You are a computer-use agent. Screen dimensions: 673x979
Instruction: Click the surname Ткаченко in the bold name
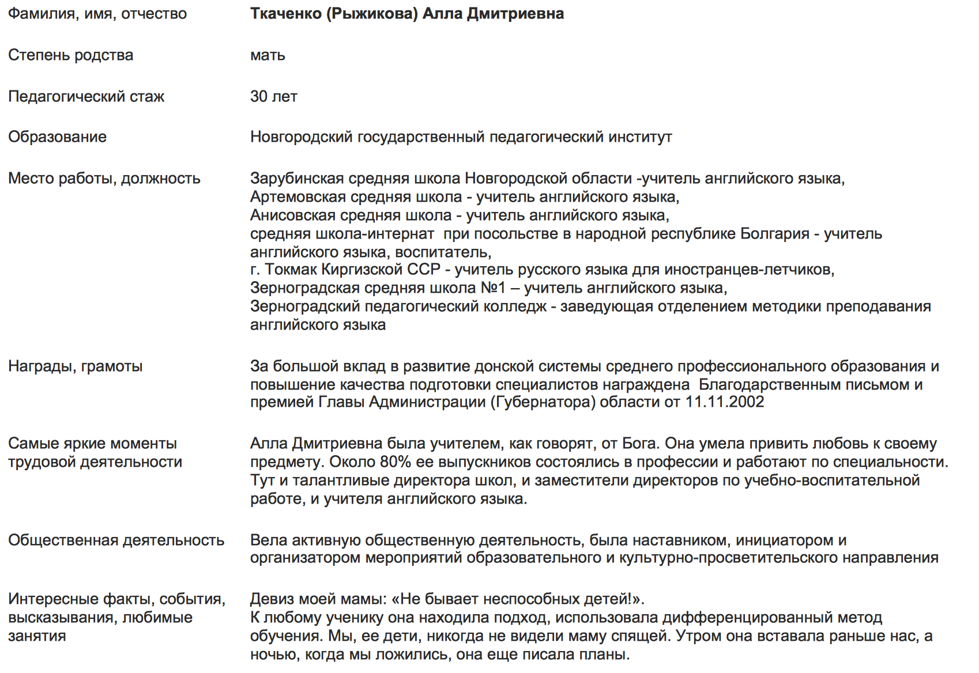pos(286,14)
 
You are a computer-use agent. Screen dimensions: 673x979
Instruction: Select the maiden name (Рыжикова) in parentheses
pos(372,14)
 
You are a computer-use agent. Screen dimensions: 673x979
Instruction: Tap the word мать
pos(268,55)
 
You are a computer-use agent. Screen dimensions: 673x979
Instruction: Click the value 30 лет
pos(273,96)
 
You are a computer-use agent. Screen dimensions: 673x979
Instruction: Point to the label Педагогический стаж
pos(86,96)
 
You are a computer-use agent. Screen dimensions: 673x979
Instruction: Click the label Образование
pos(57,137)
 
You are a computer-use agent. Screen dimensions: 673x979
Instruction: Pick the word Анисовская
pos(293,215)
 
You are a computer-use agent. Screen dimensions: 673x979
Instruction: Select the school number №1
pos(493,288)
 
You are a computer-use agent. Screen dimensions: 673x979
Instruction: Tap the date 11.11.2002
pos(724,402)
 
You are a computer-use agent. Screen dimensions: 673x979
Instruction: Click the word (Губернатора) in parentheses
pos(543,402)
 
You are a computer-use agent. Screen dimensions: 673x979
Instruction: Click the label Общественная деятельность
pos(116,540)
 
